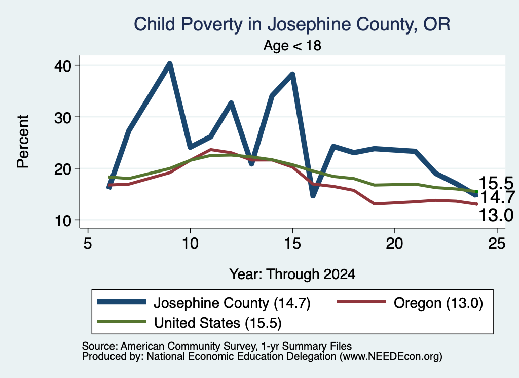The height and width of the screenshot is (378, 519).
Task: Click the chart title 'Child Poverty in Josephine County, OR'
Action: tap(292, 24)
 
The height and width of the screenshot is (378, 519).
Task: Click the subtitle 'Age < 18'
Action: tap(292, 45)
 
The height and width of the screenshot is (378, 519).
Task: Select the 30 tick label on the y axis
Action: tap(63, 117)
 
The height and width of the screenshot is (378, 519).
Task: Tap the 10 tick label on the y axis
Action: tap(63, 220)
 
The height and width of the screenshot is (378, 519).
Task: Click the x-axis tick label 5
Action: tap(87, 244)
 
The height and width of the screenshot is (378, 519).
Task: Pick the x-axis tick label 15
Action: tap(292, 244)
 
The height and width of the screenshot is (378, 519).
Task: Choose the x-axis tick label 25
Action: tap(497, 244)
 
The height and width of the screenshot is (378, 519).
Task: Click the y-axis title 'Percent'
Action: tap(23, 142)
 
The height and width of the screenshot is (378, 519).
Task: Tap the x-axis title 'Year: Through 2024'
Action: tap(292, 274)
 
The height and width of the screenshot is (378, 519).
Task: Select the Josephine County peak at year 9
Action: tap(169, 64)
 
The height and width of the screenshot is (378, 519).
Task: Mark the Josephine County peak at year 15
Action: tap(292, 74)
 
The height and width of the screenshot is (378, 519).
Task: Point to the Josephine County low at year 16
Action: tap(313, 195)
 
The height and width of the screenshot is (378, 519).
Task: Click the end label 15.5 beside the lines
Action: tap(496, 183)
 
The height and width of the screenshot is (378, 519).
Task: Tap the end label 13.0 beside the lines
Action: tap(496, 215)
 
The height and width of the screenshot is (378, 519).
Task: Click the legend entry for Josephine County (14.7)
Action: tap(204, 303)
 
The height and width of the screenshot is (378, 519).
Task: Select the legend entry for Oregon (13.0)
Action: tap(410, 303)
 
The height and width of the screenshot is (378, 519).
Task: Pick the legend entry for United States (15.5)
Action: tap(190, 323)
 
